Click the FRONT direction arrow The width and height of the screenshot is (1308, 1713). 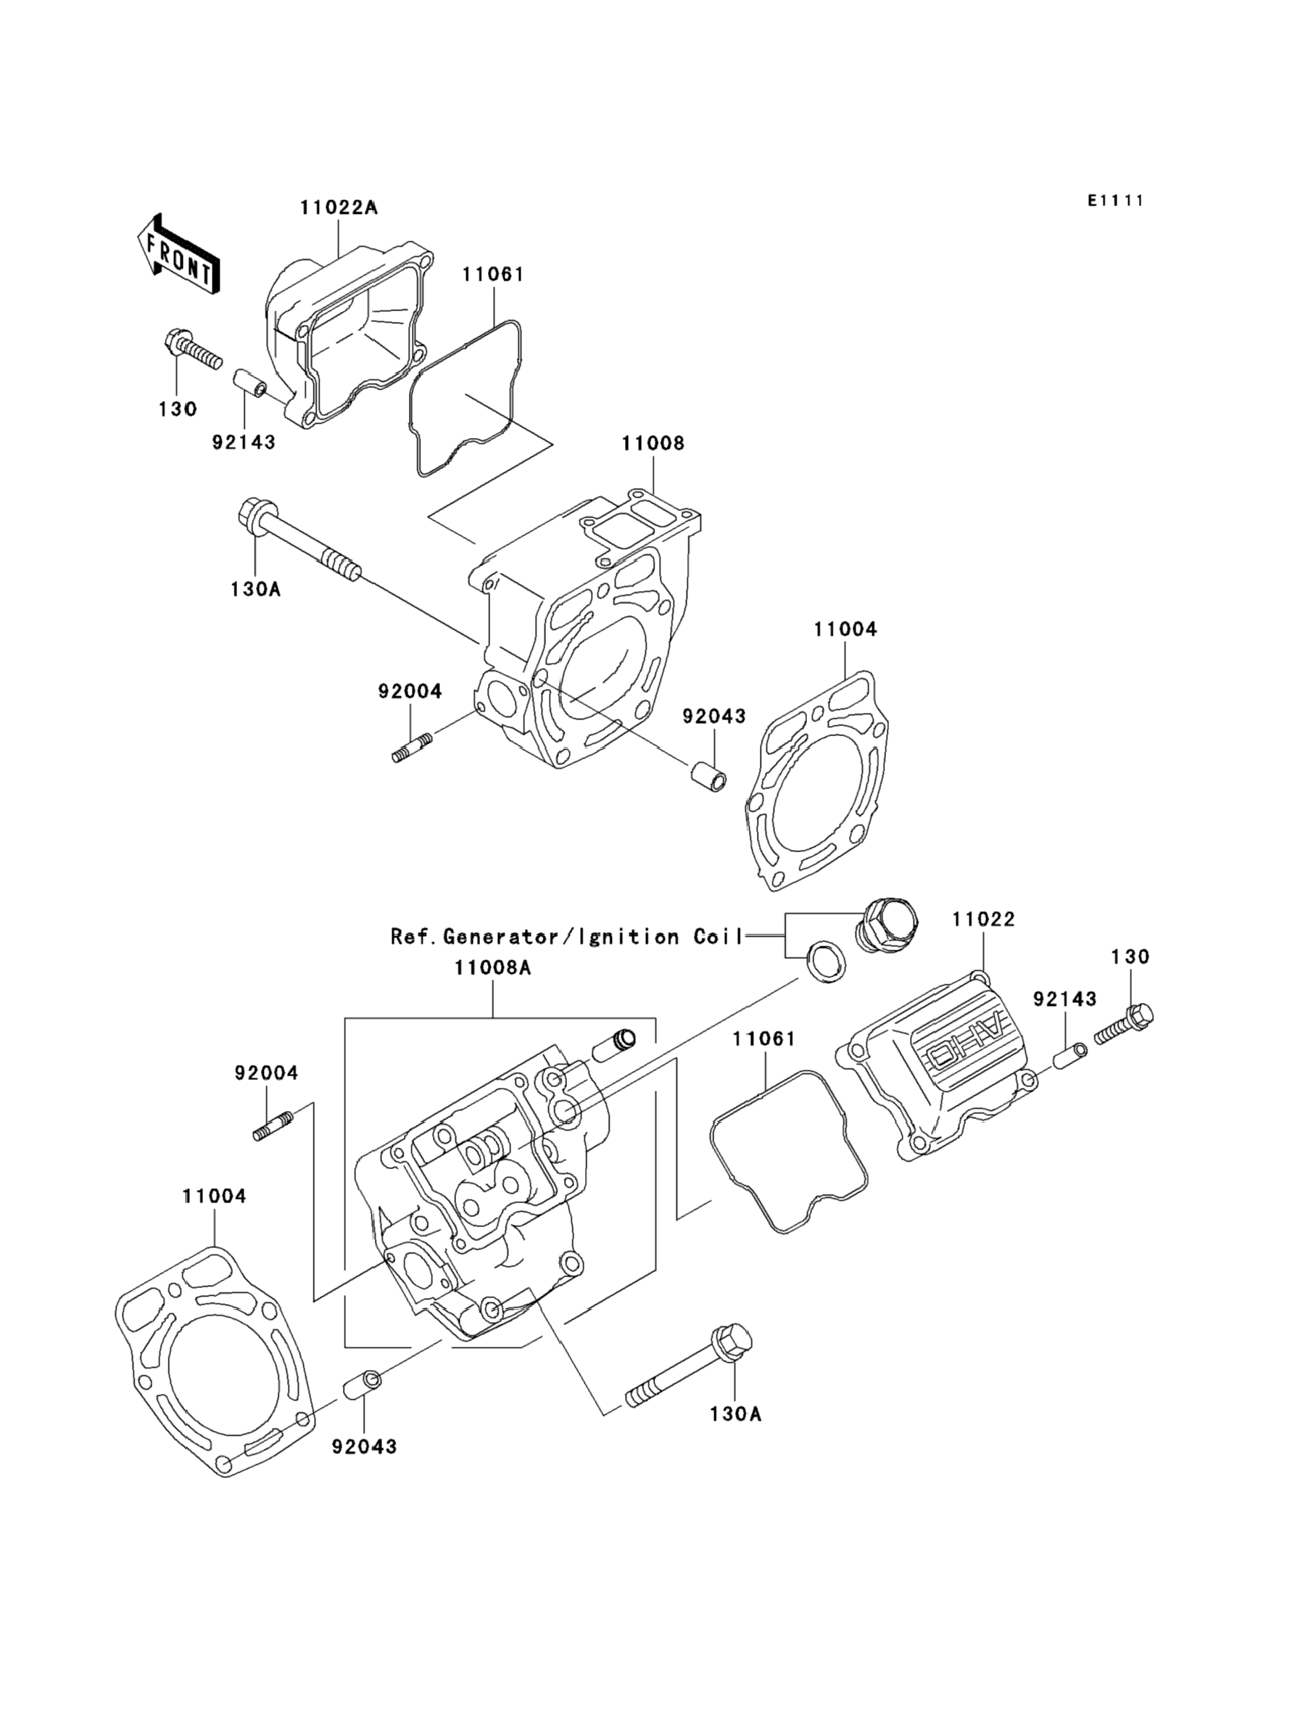[x=178, y=255]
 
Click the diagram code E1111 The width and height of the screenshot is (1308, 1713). [x=1116, y=201]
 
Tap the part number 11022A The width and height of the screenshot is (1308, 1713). [x=339, y=208]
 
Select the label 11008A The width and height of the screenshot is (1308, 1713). [x=493, y=968]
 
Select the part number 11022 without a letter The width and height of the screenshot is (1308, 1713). [x=983, y=920]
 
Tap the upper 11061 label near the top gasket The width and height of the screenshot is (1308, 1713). [x=493, y=274]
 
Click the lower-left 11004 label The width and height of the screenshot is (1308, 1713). [x=214, y=1196]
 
